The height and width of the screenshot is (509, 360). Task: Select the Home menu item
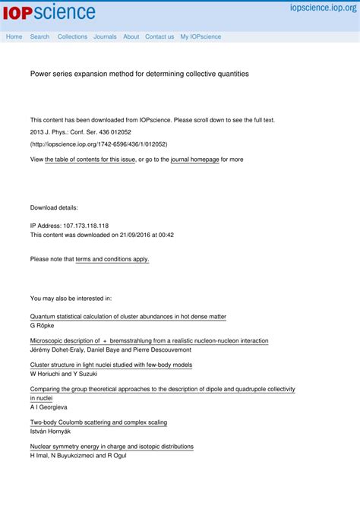[x=14, y=36]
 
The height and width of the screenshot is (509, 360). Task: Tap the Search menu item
[x=39, y=36]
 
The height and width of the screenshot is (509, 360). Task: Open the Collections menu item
[x=72, y=36]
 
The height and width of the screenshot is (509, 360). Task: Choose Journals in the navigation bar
[x=105, y=36]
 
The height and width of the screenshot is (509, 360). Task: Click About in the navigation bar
[x=131, y=36]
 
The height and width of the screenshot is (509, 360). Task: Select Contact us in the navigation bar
[x=159, y=36]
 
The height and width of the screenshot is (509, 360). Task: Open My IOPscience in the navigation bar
[x=201, y=36]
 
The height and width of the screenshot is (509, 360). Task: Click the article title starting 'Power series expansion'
[x=139, y=74]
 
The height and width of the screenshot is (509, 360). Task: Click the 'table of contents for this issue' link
[x=90, y=160]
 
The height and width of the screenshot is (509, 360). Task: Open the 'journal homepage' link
[x=194, y=160]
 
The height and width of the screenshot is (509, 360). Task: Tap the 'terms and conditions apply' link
[x=112, y=259]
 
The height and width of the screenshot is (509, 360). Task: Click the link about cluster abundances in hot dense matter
[x=128, y=316]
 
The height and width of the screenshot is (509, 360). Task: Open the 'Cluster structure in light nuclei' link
[x=111, y=365]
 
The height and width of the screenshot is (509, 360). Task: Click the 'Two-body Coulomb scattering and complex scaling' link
[x=99, y=422]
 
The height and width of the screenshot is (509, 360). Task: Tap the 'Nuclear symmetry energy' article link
[x=112, y=447]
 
